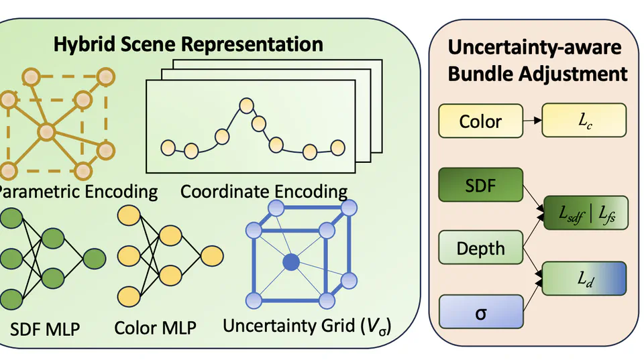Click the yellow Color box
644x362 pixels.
(480, 121)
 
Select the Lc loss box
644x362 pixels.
(583, 121)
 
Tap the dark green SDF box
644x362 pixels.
(480, 185)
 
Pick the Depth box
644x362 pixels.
(480, 248)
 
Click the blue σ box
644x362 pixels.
(480, 312)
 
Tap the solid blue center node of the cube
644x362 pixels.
(290, 262)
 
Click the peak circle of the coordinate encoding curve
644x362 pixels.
(246, 105)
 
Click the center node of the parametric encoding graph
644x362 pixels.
(46, 131)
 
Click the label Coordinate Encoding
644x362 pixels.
(264, 192)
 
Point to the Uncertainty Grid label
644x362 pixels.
(307, 326)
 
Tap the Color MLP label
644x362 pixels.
(155, 328)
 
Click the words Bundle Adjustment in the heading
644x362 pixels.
(537, 74)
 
